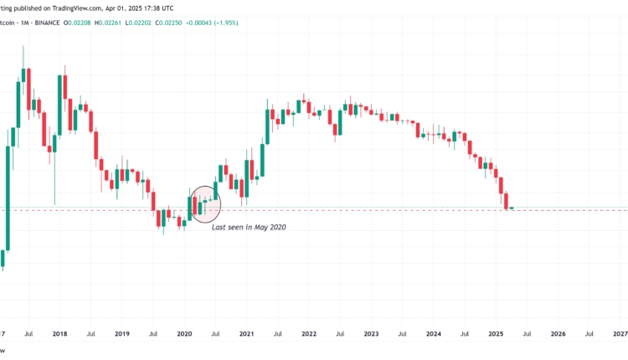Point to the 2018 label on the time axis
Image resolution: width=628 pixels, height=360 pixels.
tap(59, 333)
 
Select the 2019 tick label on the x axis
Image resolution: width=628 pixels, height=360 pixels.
tap(122, 333)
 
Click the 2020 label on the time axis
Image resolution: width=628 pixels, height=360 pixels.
tap(185, 333)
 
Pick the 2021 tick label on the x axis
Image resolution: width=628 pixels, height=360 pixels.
tap(247, 333)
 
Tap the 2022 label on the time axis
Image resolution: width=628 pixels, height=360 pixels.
tap(309, 333)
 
